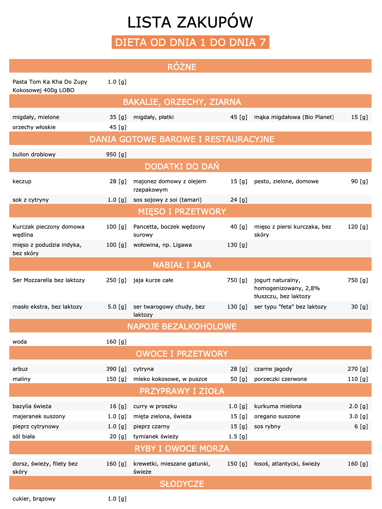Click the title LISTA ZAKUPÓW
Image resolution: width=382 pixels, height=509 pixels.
point(190,23)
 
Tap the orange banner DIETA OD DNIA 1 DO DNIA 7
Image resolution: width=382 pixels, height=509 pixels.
point(190,42)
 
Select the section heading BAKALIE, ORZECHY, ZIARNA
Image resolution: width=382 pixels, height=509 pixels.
point(182,102)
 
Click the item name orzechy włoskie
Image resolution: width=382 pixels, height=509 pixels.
point(34,127)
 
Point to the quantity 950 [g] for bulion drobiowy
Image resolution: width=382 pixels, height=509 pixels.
point(116,154)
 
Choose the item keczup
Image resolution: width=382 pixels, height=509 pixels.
point(22,181)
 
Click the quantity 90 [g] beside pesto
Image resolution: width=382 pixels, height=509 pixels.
point(359,181)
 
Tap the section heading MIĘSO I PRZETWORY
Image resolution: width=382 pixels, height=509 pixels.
point(182,211)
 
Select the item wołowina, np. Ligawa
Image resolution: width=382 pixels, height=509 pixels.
point(162,245)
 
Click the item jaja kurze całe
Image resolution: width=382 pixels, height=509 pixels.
point(153,280)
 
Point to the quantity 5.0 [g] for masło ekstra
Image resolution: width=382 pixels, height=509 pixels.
point(117,307)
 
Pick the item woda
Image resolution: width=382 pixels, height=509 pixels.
point(20,342)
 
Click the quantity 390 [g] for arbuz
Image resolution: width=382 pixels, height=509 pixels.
point(116,369)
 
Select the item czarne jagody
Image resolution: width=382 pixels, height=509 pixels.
point(273,369)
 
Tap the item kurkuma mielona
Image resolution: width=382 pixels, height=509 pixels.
point(278,406)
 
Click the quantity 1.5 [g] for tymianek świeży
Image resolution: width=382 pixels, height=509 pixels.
point(238,436)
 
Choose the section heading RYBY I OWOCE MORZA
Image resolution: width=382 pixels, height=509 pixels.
point(182,448)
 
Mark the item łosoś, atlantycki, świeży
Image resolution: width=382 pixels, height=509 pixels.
point(287,464)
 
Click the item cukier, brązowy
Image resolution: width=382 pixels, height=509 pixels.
point(34,499)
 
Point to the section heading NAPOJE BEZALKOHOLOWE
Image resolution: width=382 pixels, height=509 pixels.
point(182,326)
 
